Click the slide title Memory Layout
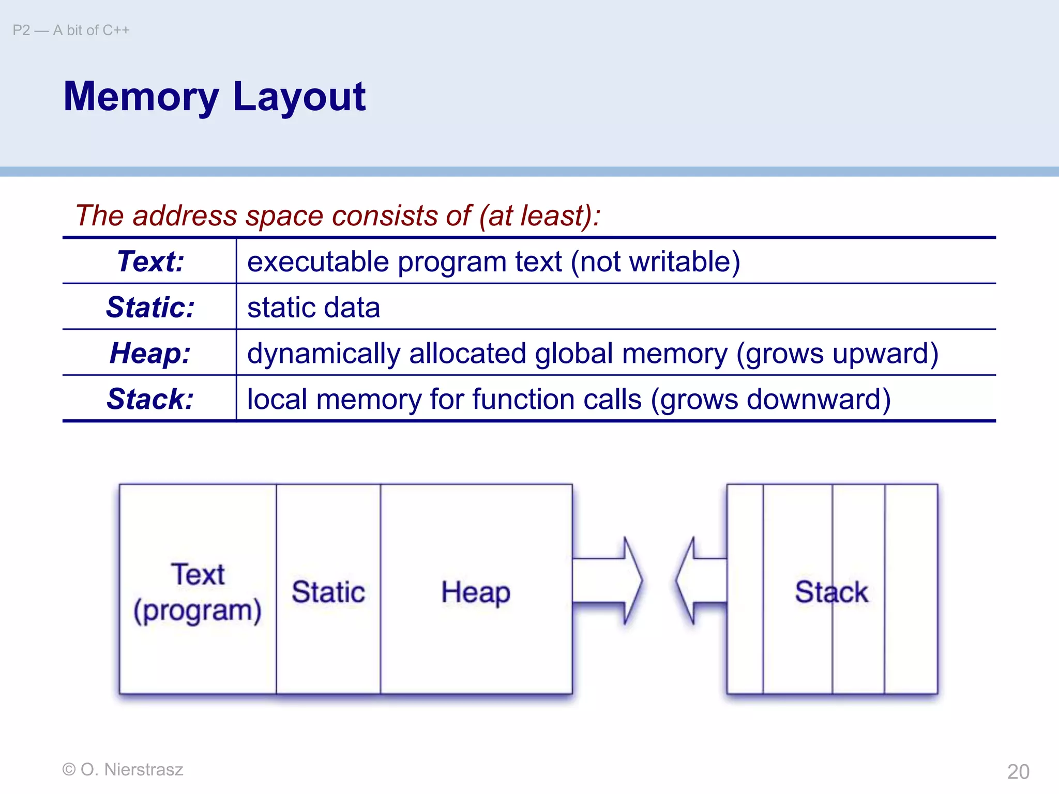[214, 97]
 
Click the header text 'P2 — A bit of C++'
[71, 30]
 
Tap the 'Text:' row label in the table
[150, 261]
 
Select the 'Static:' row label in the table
[150, 307]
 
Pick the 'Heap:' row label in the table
[150, 353]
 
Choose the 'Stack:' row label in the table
[150, 399]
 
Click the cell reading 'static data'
[313, 308]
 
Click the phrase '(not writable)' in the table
[655, 262]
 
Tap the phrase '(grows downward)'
[770, 400]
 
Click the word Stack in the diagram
[831, 592]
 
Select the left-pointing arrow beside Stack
[701, 581]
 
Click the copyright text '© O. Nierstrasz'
[123, 770]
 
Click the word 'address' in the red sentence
[185, 216]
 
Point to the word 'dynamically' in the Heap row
[324, 354]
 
